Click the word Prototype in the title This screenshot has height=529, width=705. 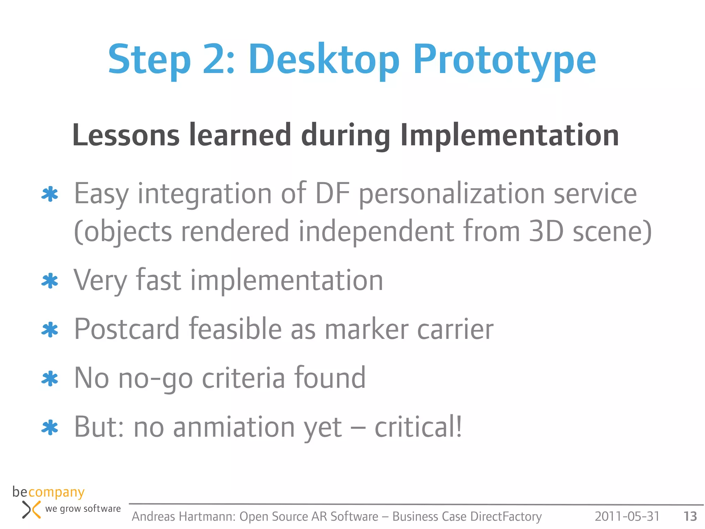(504, 60)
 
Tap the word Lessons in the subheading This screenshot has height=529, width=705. (126, 135)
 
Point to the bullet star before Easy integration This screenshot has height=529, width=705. (50, 194)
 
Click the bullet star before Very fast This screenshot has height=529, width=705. (50, 281)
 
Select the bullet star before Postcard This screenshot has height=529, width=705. (50, 330)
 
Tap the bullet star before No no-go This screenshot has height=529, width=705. (50, 378)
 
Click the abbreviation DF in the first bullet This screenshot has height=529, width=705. (333, 194)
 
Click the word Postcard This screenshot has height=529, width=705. (127, 329)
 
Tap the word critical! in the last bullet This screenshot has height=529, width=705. (418, 427)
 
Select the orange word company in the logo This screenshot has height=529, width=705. (56, 492)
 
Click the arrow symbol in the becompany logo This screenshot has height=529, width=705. (31, 510)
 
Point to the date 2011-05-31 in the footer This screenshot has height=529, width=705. (627, 516)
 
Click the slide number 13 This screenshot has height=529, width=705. (690, 516)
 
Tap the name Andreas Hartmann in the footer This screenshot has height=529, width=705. (183, 517)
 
